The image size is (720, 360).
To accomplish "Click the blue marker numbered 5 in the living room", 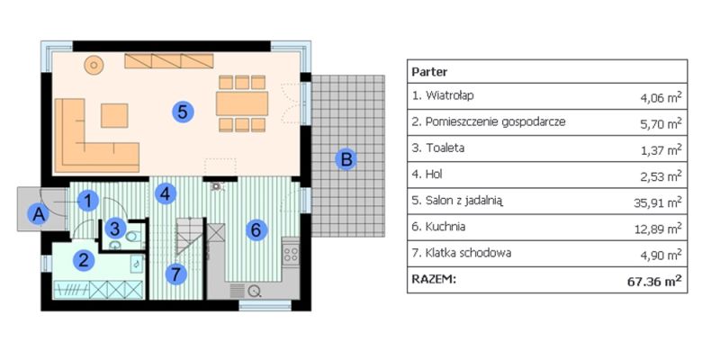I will pyautogui.click(x=182, y=112).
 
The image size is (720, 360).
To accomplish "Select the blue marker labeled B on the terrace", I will pyautogui.click(x=346, y=160).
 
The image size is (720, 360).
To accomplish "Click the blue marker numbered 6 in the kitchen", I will pyautogui.click(x=256, y=230).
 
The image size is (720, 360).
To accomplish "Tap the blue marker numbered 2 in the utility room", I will pyautogui.click(x=84, y=261).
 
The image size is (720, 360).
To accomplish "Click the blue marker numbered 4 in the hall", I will pyautogui.click(x=163, y=192).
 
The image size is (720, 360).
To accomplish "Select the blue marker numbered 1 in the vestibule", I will pyautogui.click(x=86, y=202).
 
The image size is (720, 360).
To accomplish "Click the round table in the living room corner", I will pyautogui.click(x=94, y=65).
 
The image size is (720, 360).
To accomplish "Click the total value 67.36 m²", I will pyautogui.click(x=653, y=280).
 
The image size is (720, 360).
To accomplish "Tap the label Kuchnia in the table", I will pyautogui.click(x=441, y=228).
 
